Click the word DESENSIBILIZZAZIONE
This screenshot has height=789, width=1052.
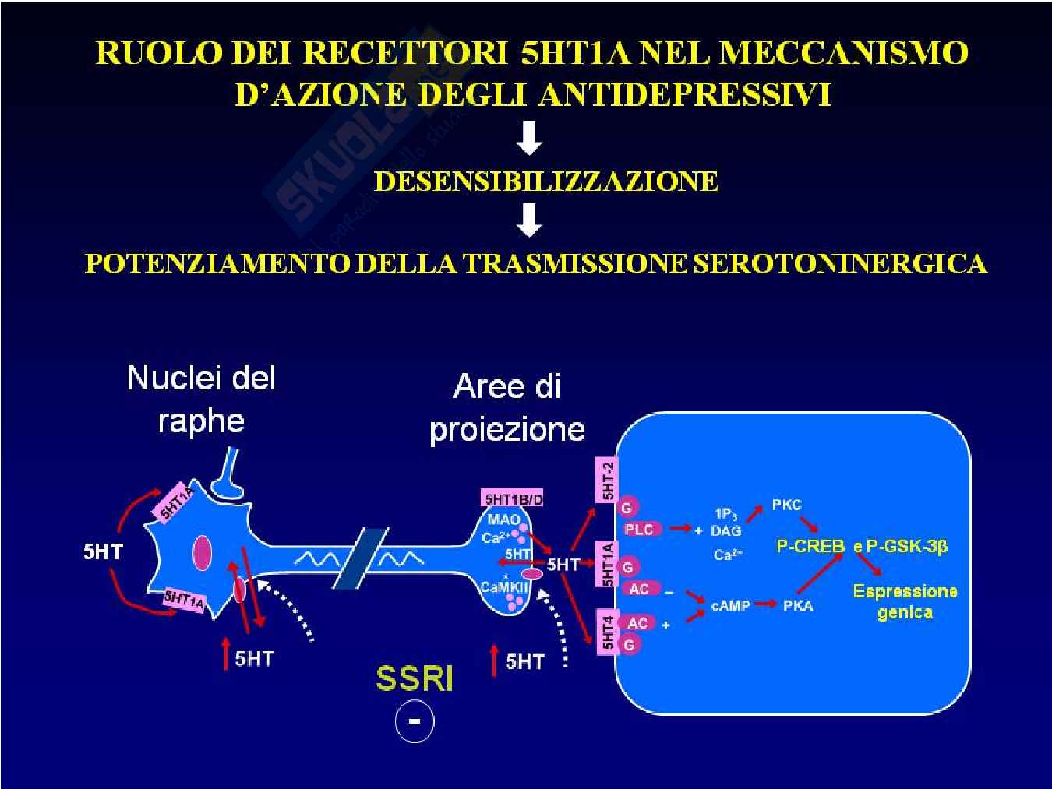[545, 181]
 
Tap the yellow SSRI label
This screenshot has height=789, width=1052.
[414, 678]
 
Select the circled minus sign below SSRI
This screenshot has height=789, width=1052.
[415, 721]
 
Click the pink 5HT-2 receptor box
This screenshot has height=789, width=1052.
[607, 480]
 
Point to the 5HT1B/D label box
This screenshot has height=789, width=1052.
[513, 498]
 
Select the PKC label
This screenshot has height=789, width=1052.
[786, 505]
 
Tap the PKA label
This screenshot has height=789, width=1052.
[798, 605]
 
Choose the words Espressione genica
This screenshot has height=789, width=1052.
[905, 601]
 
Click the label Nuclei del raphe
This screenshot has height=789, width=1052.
[201, 400]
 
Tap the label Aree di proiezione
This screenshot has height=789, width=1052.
[507, 407]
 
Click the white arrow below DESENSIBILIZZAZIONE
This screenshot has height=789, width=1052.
[530, 220]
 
